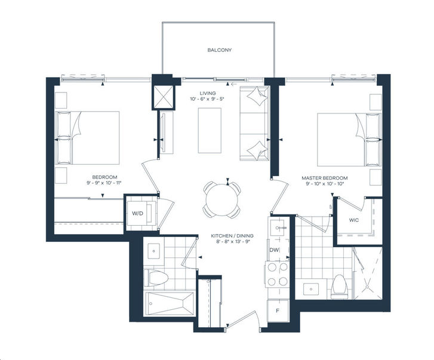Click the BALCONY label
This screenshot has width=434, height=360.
click(219, 50)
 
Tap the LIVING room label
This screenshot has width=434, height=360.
click(208, 93)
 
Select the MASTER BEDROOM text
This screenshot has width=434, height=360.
click(324, 178)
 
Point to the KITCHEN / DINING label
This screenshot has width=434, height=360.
click(232, 236)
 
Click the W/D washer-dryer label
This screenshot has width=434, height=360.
click(137, 213)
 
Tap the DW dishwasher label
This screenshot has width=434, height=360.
click(274, 250)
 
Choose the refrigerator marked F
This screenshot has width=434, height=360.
click(278, 310)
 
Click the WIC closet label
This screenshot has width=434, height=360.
click(354, 220)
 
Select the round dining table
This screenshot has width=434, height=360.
click(222, 200)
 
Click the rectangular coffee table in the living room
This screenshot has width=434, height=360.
click(210, 130)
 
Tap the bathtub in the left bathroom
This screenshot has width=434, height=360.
click(170, 303)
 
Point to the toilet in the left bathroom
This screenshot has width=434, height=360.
click(156, 278)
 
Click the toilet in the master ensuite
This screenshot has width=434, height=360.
click(339, 287)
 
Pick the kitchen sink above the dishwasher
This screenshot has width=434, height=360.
click(278, 227)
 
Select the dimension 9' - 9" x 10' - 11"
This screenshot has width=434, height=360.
click(104, 183)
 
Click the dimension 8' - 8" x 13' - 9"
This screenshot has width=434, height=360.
click(233, 241)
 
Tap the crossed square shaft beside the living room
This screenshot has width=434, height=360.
click(163, 97)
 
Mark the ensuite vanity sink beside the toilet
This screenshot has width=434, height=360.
click(311, 289)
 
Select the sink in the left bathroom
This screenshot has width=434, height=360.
click(153, 251)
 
